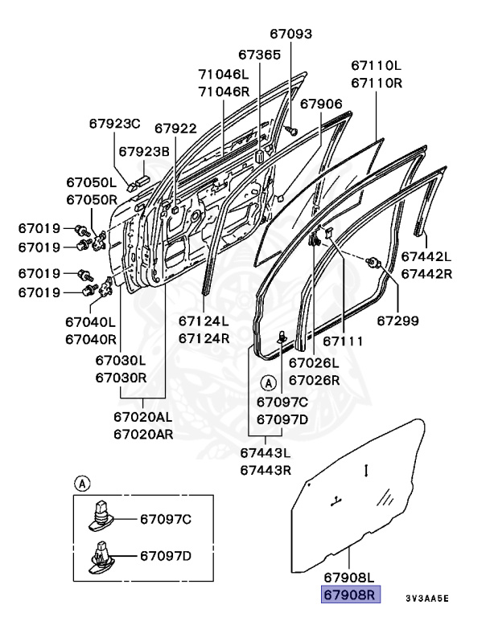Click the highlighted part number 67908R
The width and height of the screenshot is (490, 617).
350,595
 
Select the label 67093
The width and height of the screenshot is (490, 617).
290,34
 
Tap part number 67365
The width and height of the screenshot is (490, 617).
259,55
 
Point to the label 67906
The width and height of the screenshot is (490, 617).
321,104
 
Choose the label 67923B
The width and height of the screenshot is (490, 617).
144,151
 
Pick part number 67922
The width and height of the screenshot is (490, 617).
175,128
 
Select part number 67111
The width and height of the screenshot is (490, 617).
343,341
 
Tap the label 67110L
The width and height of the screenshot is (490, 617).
376,65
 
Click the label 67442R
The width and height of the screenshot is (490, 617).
426,274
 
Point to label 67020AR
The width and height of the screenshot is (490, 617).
142,435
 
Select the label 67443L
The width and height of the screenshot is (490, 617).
266,454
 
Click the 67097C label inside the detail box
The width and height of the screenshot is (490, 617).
166,519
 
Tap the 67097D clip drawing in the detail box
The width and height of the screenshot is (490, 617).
99,557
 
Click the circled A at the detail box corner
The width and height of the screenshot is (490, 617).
81,484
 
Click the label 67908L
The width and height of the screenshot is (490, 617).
350,578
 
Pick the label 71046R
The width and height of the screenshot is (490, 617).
224,91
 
